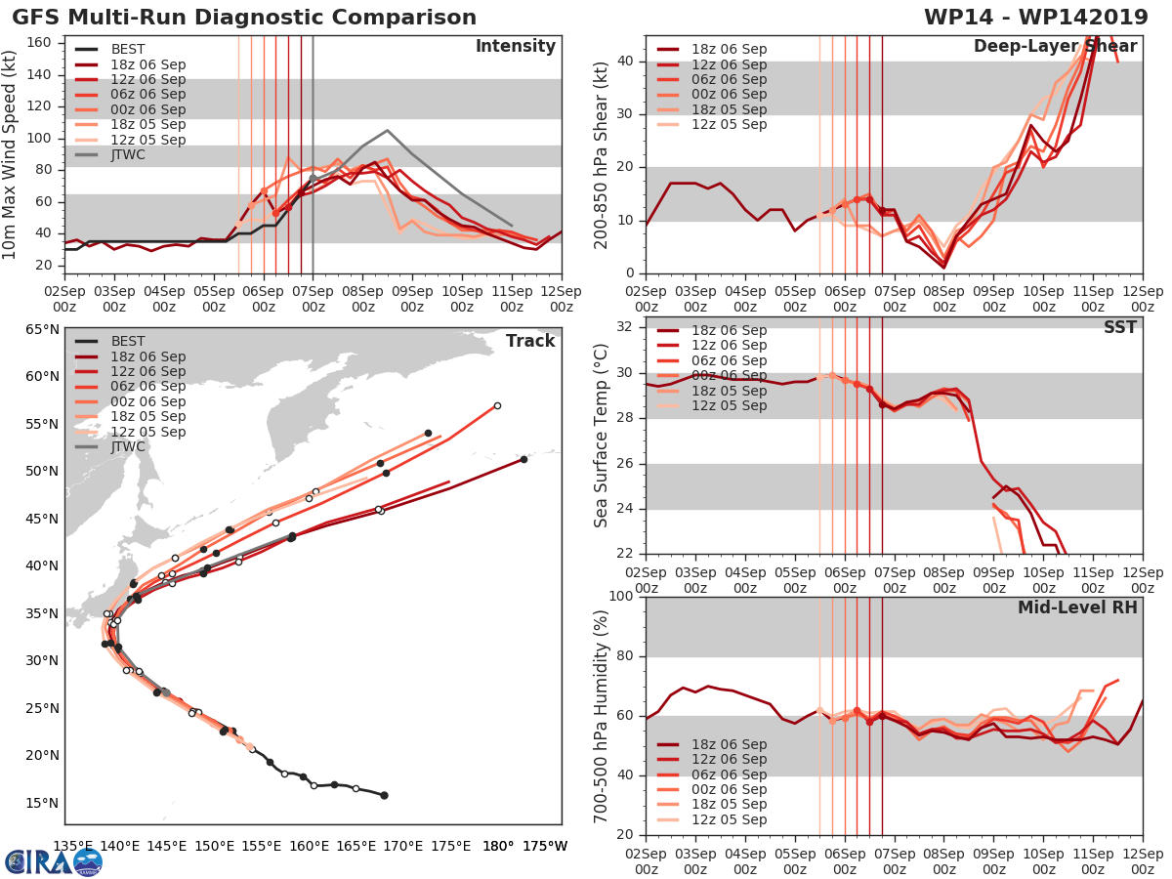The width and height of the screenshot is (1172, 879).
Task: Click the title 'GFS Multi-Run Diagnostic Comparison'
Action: pos(244,18)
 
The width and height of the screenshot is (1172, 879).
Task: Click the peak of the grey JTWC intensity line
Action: pos(387,130)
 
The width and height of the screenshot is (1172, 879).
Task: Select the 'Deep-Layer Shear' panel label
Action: pos(1055,47)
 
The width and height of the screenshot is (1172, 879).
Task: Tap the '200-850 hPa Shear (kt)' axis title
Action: pos(602,154)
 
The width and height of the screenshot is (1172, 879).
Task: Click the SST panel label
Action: pos(1119,327)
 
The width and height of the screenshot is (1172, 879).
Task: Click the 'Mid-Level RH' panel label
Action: pos(1077,607)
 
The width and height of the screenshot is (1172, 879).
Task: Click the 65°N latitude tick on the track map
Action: pos(41,329)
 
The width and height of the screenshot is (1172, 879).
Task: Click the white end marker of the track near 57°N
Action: pos(497,405)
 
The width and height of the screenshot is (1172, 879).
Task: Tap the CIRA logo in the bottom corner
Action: pos(54,861)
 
